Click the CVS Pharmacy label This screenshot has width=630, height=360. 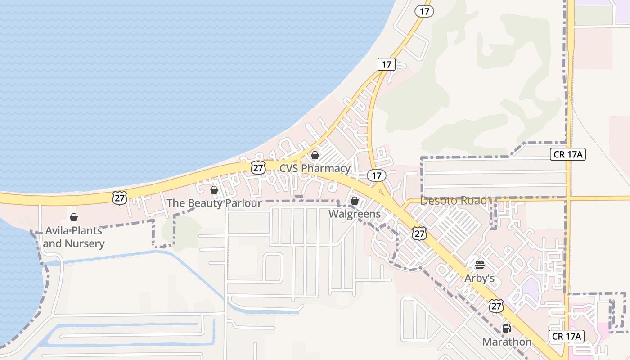315,168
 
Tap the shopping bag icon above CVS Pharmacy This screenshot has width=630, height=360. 315,155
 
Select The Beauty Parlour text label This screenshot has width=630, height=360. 214,203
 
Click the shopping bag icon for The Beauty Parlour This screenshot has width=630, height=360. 214,190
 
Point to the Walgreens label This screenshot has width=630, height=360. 355,214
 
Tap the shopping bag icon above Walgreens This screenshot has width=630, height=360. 355,201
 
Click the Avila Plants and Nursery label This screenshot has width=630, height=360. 74,237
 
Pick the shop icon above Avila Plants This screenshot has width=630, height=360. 74,217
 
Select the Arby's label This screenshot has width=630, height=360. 480,278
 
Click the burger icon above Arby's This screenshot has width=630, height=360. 480,265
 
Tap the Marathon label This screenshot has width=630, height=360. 507,342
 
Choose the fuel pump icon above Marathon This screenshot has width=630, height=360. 507,328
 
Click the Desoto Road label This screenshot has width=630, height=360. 453,201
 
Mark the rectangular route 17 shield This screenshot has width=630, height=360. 387,64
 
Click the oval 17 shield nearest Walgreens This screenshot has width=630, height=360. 376,175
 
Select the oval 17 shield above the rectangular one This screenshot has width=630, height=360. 424,11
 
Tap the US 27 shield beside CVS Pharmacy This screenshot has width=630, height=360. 258,168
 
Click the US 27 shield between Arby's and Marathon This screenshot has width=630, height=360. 496,306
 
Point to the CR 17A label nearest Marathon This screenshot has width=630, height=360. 567,336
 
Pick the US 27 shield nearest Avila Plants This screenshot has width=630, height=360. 120,197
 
